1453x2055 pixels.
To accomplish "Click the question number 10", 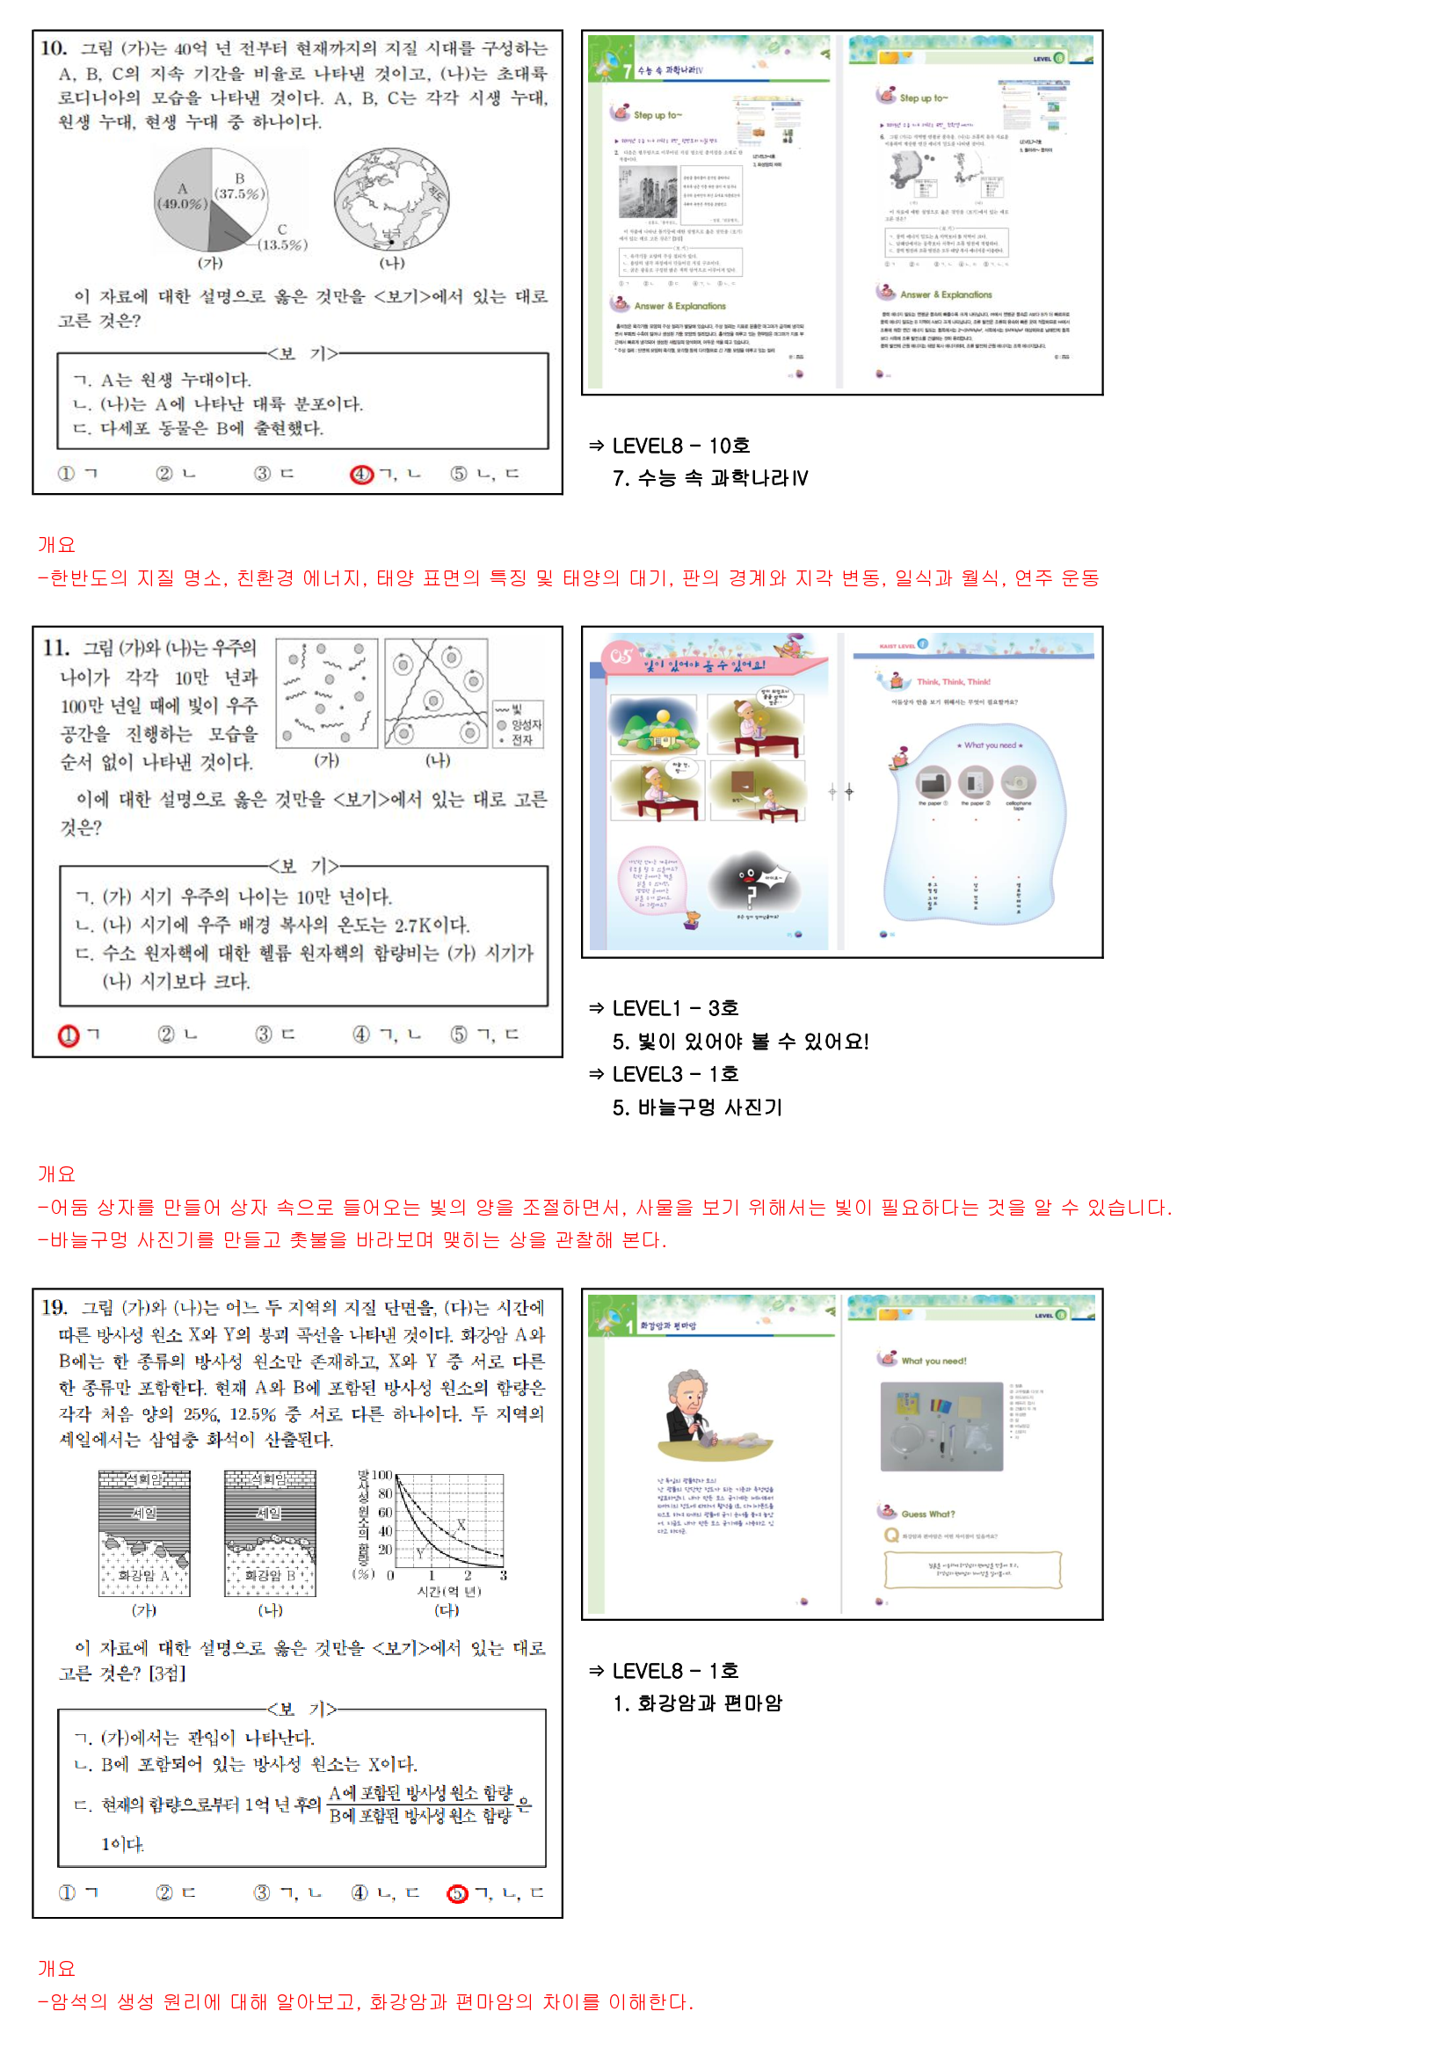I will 53,48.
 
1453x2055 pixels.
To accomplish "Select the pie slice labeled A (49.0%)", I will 182,196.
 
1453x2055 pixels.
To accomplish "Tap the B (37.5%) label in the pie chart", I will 239,186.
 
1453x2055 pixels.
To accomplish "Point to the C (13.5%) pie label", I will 282,237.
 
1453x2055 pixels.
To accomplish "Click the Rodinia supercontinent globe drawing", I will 392,199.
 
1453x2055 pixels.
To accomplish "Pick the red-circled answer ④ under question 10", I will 360,475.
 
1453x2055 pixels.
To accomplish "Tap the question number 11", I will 55,648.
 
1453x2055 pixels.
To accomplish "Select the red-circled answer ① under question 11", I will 69,1035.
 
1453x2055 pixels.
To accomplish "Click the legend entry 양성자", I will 526,725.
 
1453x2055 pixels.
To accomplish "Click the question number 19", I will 54,1308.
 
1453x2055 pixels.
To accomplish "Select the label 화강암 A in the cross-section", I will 143,1574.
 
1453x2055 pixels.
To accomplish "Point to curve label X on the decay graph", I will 461,1524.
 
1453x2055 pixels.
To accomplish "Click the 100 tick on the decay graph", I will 382,1475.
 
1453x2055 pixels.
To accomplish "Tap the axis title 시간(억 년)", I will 448,1591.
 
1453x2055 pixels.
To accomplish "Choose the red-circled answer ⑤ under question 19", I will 457,1893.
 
